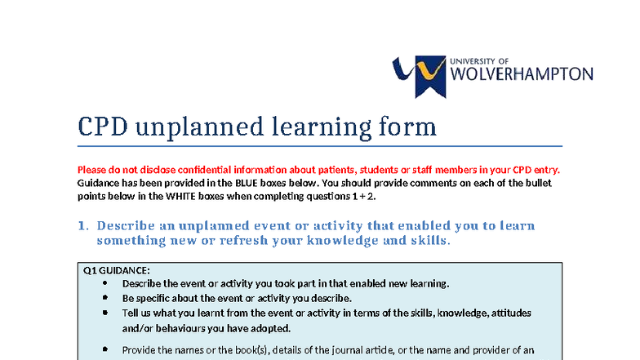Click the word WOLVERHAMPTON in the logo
click(x=522, y=74)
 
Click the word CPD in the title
click(x=102, y=127)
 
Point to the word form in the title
click(x=401, y=127)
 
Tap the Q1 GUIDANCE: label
click(x=117, y=271)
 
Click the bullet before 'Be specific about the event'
click(x=106, y=298)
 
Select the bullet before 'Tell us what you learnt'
click(x=106, y=313)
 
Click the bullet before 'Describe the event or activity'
click(x=106, y=283)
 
